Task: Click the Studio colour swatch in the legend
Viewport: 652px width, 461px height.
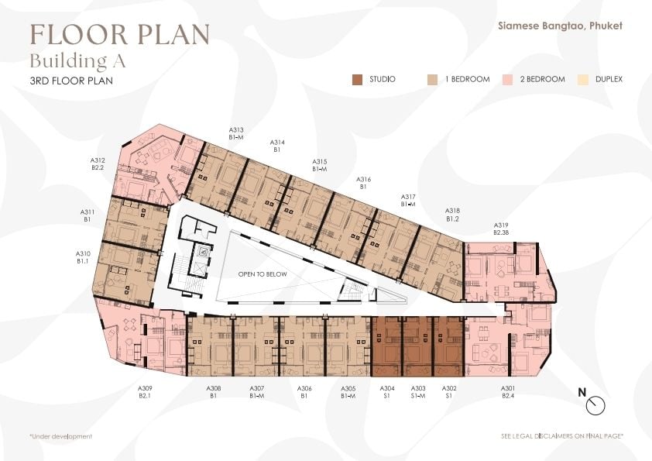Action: [357, 80]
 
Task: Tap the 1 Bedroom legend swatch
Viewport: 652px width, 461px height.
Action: [432, 80]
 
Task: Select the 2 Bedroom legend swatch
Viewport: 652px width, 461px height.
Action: [507, 80]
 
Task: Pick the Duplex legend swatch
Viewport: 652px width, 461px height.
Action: [583, 80]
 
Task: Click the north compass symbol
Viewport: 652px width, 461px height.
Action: [595, 405]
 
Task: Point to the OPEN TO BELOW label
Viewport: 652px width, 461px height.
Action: [263, 274]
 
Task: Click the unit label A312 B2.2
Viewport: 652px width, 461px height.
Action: [98, 164]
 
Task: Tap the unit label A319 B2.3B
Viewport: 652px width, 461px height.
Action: [501, 229]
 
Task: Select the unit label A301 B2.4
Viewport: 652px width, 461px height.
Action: [508, 392]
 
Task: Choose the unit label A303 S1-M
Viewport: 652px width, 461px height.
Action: [418, 392]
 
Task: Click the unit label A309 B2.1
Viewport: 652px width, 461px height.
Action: [145, 392]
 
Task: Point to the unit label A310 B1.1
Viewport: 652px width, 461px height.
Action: [83, 257]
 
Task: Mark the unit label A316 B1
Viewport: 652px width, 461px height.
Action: [363, 183]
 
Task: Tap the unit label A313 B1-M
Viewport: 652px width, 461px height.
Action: [235, 133]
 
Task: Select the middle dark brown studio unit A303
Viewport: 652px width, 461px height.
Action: [418, 346]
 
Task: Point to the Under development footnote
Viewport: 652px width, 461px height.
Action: [60, 436]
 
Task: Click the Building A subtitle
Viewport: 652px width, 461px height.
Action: [77, 61]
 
